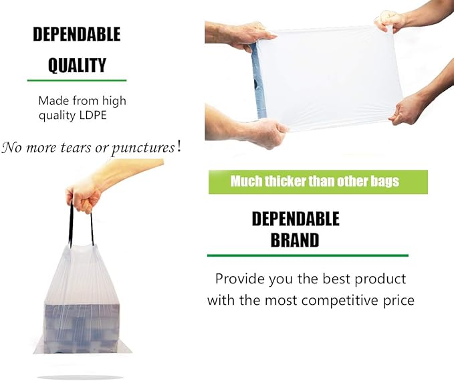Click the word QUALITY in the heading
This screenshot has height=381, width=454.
[77, 65]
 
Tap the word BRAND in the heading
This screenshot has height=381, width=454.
[294, 240]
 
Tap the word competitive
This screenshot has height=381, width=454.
[342, 300]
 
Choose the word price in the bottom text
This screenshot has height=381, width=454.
[398, 300]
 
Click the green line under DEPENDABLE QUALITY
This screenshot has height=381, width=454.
[76, 81]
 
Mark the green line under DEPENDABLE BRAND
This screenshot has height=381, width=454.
[307, 255]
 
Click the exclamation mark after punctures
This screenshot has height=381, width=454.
[179, 146]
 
